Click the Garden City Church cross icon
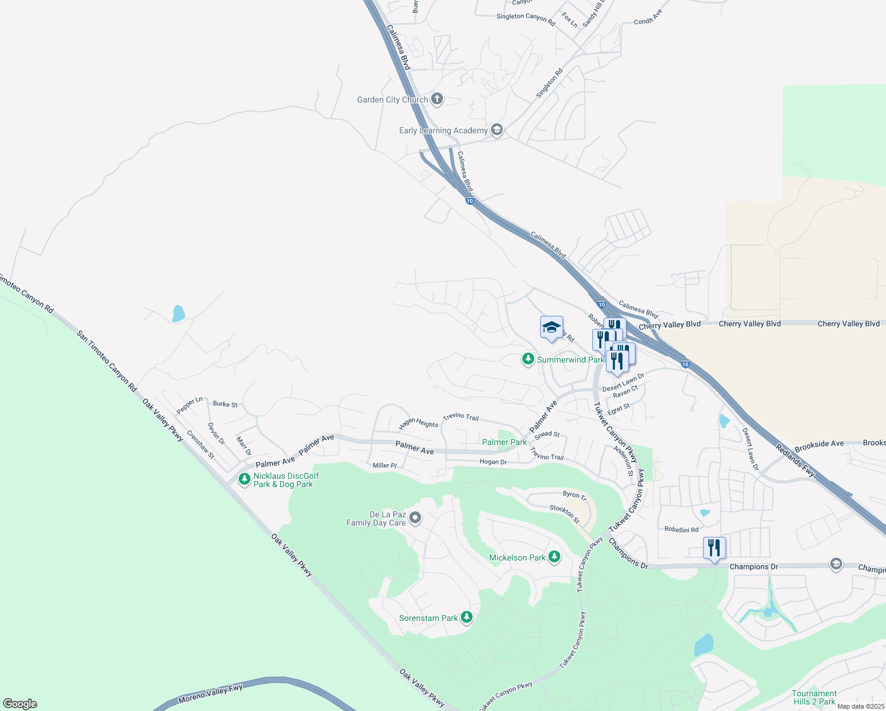click(x=437, y=99)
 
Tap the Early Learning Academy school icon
click(x=497, y=130)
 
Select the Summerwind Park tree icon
click(x=528, y=359)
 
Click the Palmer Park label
click(x=504, y=442)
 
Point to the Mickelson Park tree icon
click(x=554, y=557)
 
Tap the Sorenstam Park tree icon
click(x=467, y=617)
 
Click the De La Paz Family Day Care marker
click(x=415, y=518)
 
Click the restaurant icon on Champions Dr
click(x=714, y=547)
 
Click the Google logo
click(x=20, y=704)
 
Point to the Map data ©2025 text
click(x=860, y=706)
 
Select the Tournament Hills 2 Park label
click(x=814, y=697)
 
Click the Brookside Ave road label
click(x=819, y=443)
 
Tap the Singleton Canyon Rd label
click(x=525, y=19)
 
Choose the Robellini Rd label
click(x=681, y=530)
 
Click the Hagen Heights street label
click(x=418, y=423)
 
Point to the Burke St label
click(x=225, y=404)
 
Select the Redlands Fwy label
click(x=795, y=460)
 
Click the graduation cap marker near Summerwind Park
click(x=551, y=328)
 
